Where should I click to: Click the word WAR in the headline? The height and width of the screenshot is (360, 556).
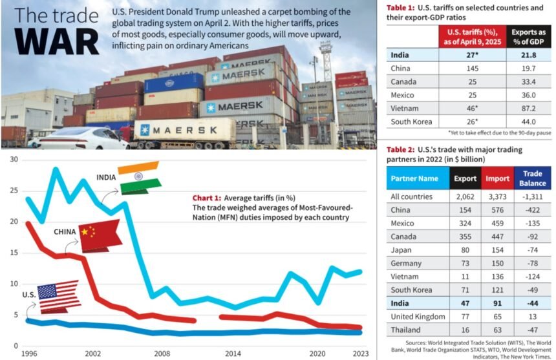click(57, 40)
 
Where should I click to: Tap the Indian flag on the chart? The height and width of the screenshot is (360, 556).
click(139, 177)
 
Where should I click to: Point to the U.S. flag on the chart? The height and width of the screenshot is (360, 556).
click(59, 297)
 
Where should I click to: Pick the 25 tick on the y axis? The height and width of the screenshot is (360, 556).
click(12, 191)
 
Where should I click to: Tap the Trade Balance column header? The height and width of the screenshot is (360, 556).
click(532, 178)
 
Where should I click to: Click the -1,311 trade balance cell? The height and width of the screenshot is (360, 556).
click(533, 196)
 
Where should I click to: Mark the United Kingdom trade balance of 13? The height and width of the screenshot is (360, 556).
click(533, 317)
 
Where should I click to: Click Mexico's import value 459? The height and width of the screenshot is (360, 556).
click(497, 222)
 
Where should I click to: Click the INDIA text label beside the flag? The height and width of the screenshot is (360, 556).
click(106, 177)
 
